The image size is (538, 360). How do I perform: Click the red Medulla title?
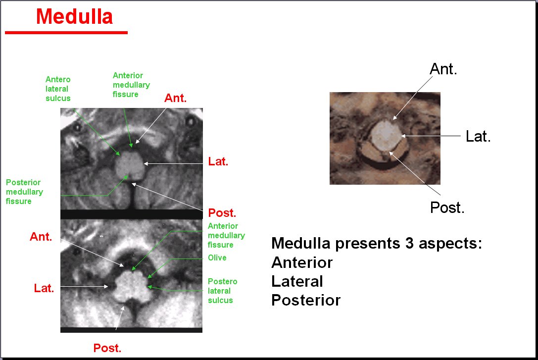coord(74,16)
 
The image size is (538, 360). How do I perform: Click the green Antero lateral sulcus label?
coord(58,89)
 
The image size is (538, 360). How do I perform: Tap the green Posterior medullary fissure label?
coord(24,192)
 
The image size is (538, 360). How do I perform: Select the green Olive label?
coord(217,257)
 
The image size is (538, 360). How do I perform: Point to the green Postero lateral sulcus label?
coord(223,291)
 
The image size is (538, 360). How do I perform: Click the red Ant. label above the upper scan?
coord(175,98)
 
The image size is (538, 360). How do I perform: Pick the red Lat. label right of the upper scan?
coord(218,161)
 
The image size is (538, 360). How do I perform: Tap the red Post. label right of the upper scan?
coord(222,213)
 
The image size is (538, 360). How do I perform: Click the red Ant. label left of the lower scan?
coord(41,237)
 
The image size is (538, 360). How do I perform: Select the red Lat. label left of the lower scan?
coord(44,288)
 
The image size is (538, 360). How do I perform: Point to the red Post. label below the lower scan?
coord(107,348)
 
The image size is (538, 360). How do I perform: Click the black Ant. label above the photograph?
coord(443,69)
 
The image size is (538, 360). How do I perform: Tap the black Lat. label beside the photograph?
coord(478,136)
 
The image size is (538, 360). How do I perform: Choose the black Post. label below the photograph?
coord(447,207)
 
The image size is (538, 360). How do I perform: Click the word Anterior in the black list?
coord(302,262)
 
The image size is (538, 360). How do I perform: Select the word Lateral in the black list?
coord(297,281)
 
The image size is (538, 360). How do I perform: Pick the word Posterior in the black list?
coord(306,300)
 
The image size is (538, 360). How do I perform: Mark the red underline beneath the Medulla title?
coord(66,33)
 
